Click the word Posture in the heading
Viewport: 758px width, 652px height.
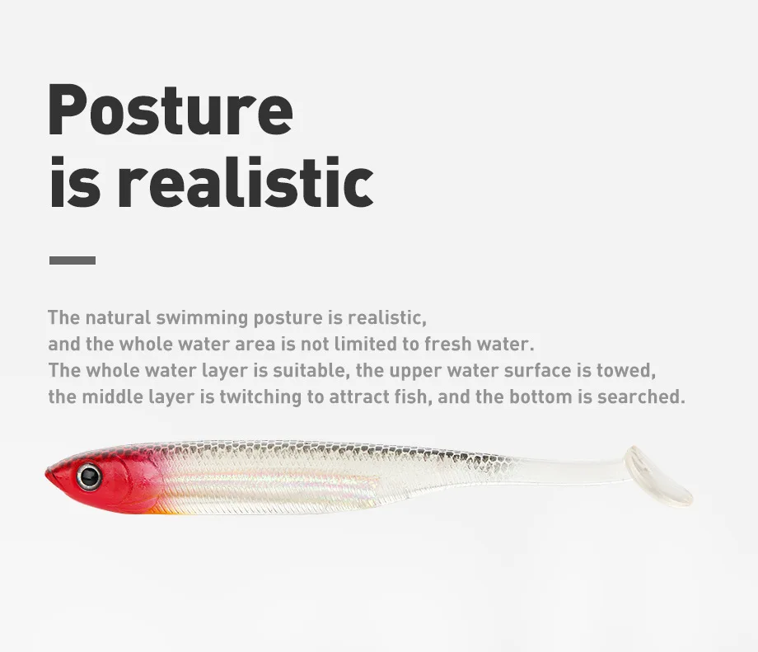[x=171, y=110]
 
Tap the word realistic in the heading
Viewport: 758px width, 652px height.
[x=246, y=183]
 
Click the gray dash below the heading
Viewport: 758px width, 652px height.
[x=73, y=260]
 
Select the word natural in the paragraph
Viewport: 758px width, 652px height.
[x=118, y=318]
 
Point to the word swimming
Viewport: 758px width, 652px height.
[x=202, y=319]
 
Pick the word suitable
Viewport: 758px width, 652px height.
[x=311, y=370]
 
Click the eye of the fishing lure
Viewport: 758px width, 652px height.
[x=89, y=477]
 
